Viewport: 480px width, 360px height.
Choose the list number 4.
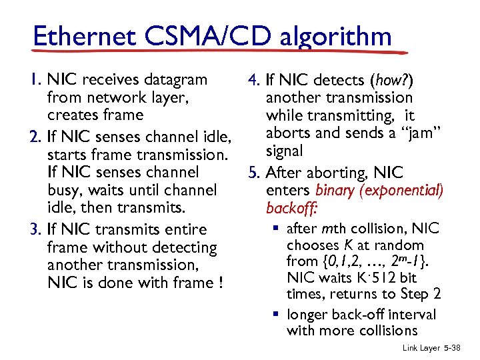tap(253, 81)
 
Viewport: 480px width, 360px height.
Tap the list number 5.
tap(253, 173)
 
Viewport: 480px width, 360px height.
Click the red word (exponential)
tap(401, 191)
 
